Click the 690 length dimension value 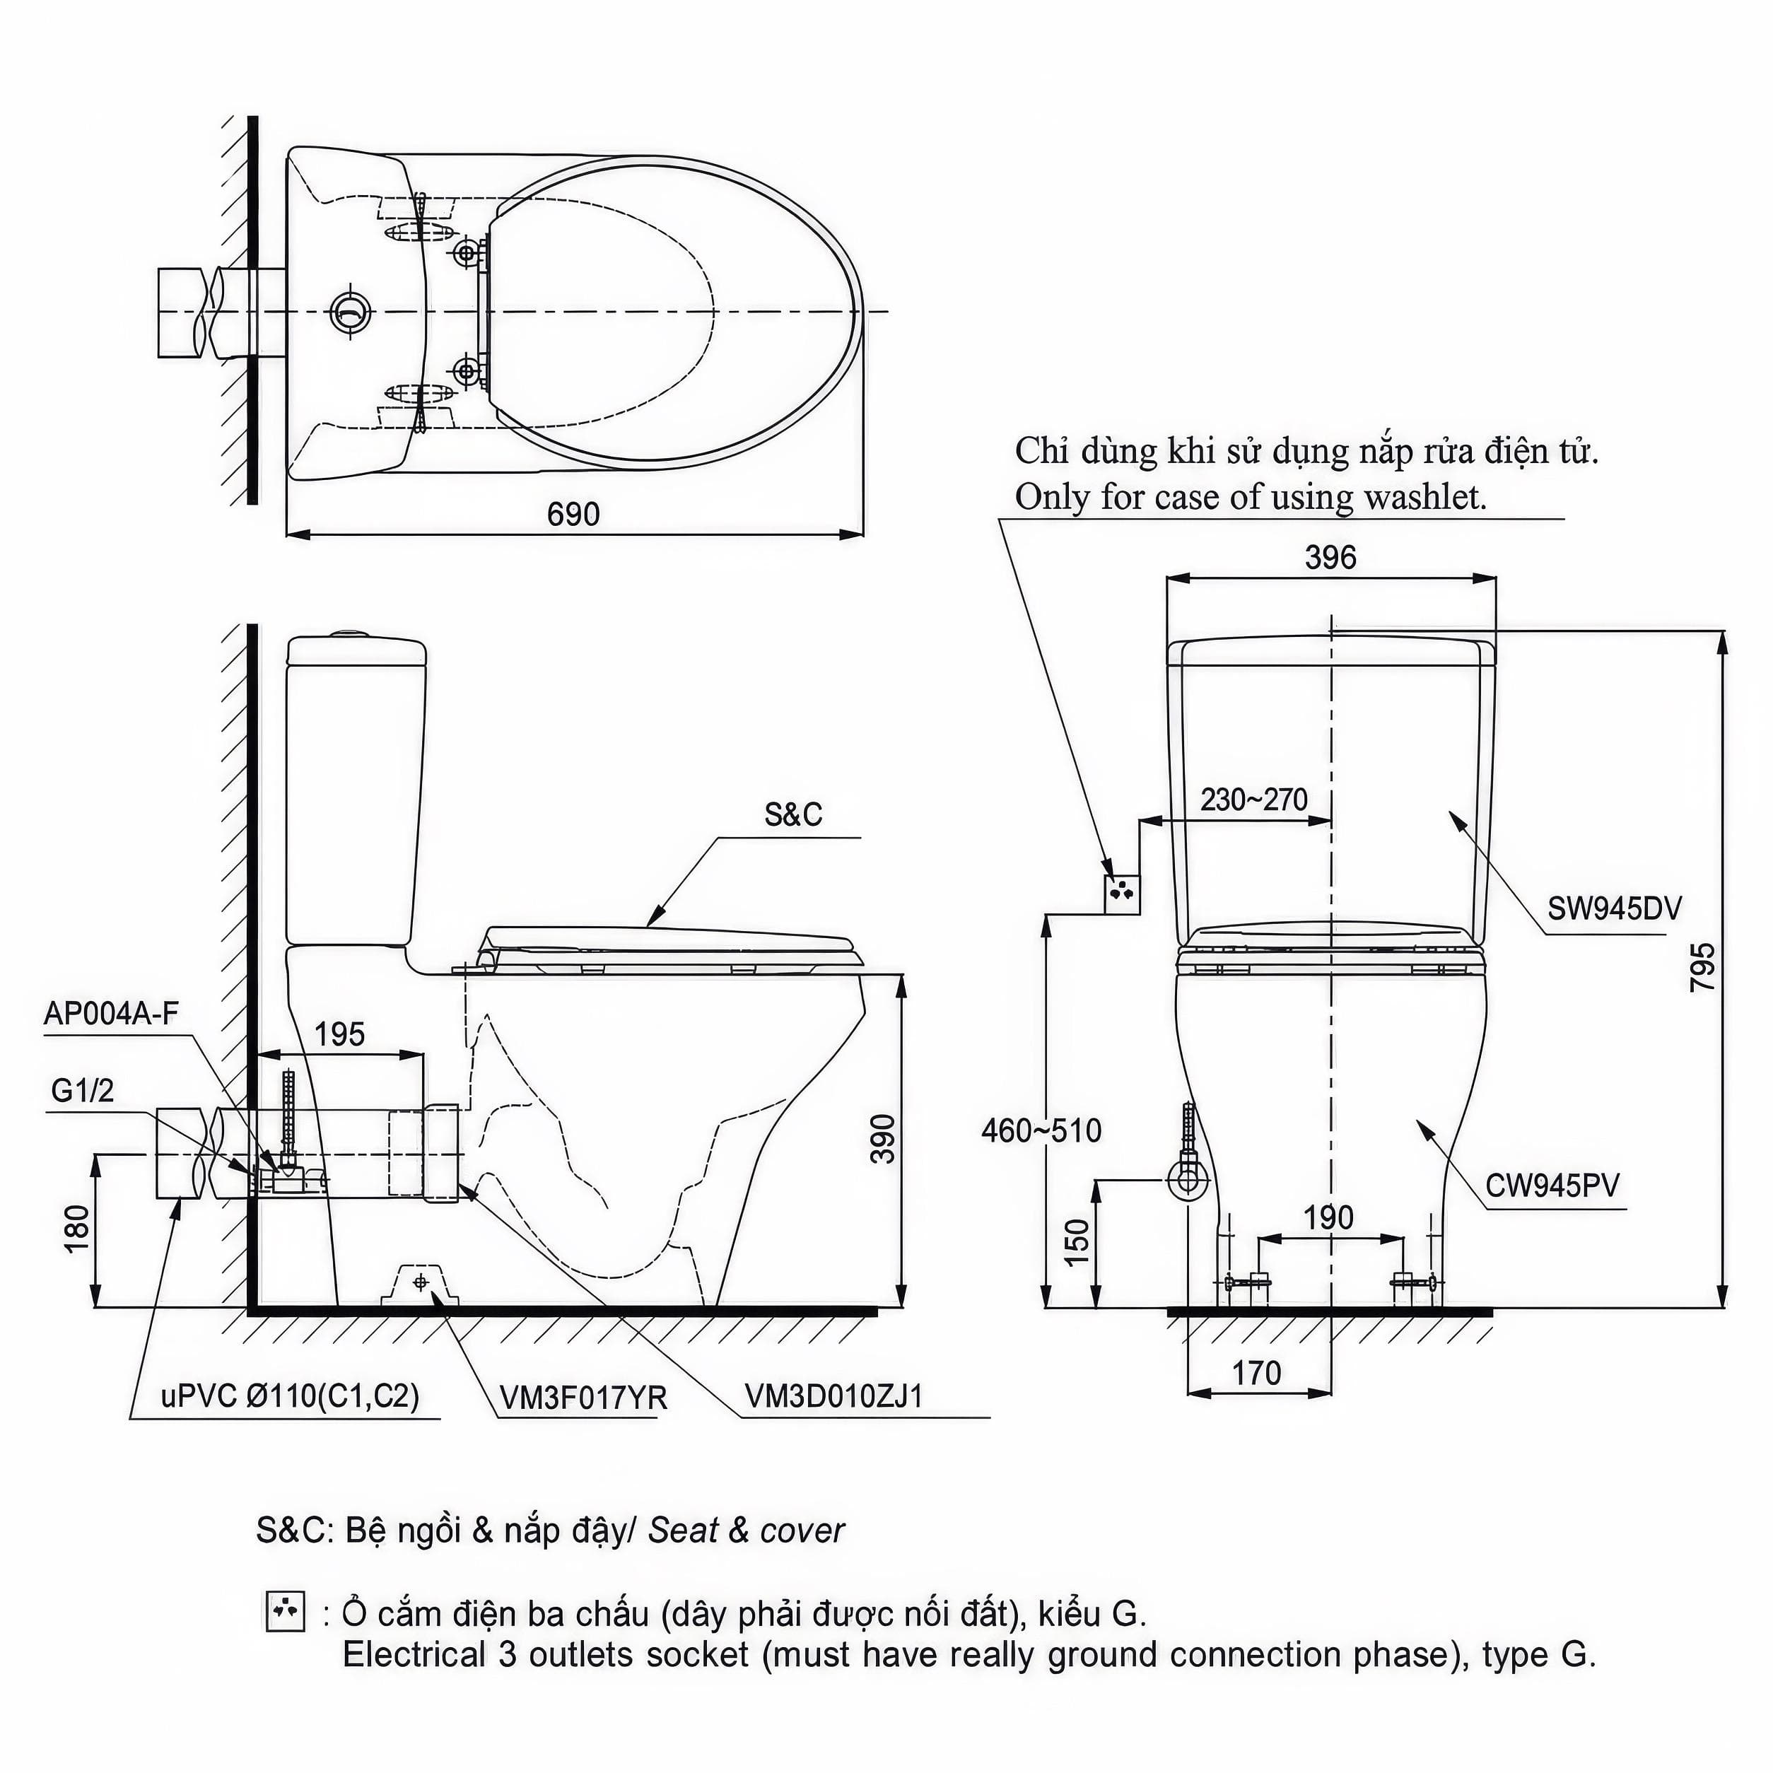[x=573, y=514]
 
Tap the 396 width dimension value [x=1330, y=557]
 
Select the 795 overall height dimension [x=1702, y=966]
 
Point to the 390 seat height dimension [x=882, y=1139]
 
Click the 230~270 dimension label [x=1253, y=800]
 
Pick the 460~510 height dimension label [x=1041, y=1130]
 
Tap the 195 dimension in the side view [x=339, y=1034]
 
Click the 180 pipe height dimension [x=77, y=1227]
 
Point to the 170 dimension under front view [x=1256, y=1373]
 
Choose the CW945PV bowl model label [x=1552, y=1186]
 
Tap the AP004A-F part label [x=111, y=1013]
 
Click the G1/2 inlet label [x=83, y=1090]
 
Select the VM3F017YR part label [x=584, y=1398]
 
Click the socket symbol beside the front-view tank [x=1121, y=893]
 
